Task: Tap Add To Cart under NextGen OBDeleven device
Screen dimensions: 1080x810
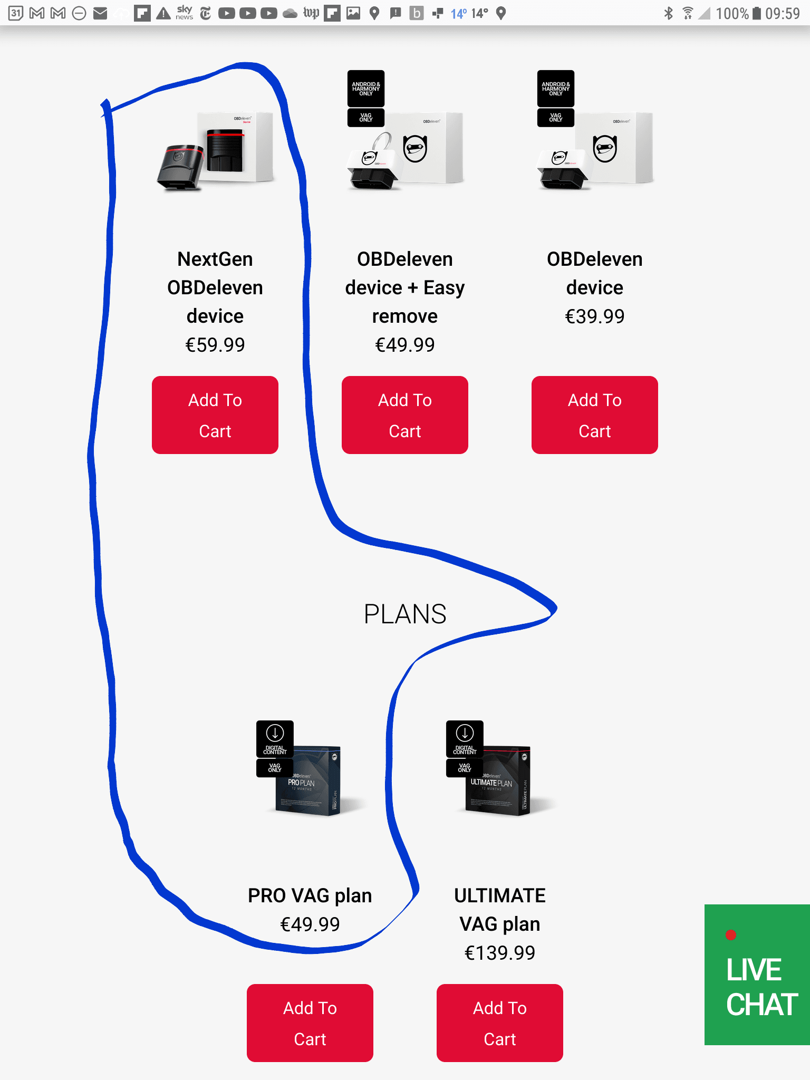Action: click(x=215, y=415)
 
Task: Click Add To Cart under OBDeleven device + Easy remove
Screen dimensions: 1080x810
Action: click(x=404, y=415)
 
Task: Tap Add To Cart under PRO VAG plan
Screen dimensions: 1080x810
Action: click(x=310, y=1023)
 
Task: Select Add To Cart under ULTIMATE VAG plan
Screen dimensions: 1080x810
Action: click(x=499, y=1023)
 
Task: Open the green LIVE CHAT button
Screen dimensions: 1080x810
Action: click(x=757, y=976)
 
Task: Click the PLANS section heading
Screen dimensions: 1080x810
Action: click(x=405, y=614)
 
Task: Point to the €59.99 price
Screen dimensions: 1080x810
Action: click(x=215, y=345)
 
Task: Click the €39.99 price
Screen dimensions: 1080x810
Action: click(x=594, y=316)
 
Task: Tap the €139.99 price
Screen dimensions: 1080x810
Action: click(x=499, y=953)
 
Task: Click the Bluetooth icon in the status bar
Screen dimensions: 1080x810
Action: click(x=669, y=13)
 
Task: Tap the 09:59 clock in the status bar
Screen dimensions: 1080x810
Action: click(x=783, y=13)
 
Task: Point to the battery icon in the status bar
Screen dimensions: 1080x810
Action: click(x=757, y=13)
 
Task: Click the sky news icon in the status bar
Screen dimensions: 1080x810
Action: click(x=184, y=13)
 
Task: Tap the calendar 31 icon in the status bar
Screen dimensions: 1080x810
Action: click(x=16, y=13)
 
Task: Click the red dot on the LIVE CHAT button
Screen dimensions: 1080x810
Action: click(x=730, y=935)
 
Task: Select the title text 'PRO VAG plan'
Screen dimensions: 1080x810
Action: click(x=310, y=895)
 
